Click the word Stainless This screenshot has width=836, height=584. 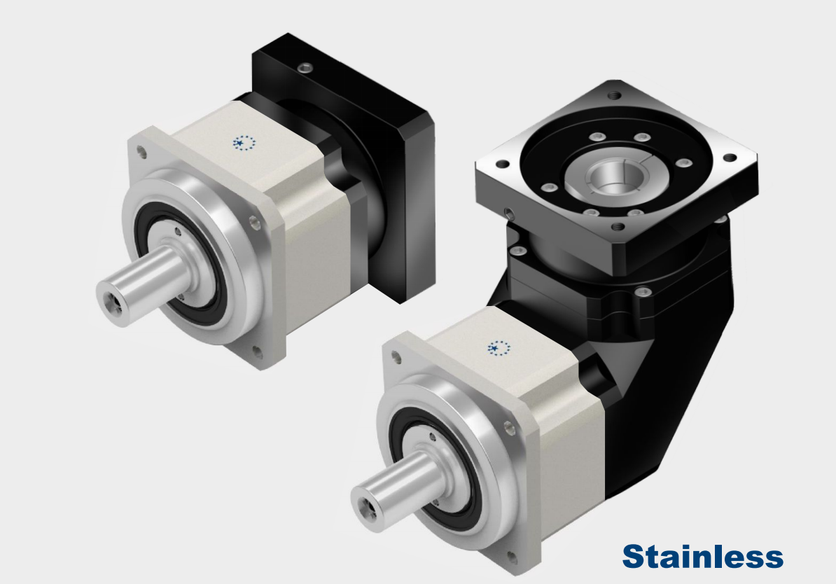[703, 556]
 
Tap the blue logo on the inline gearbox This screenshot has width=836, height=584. [244, 143]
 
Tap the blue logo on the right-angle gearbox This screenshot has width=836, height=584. [499, 348]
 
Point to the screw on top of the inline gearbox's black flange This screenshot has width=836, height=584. [305, 68]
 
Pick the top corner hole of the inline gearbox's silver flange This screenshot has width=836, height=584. [141, 153]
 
